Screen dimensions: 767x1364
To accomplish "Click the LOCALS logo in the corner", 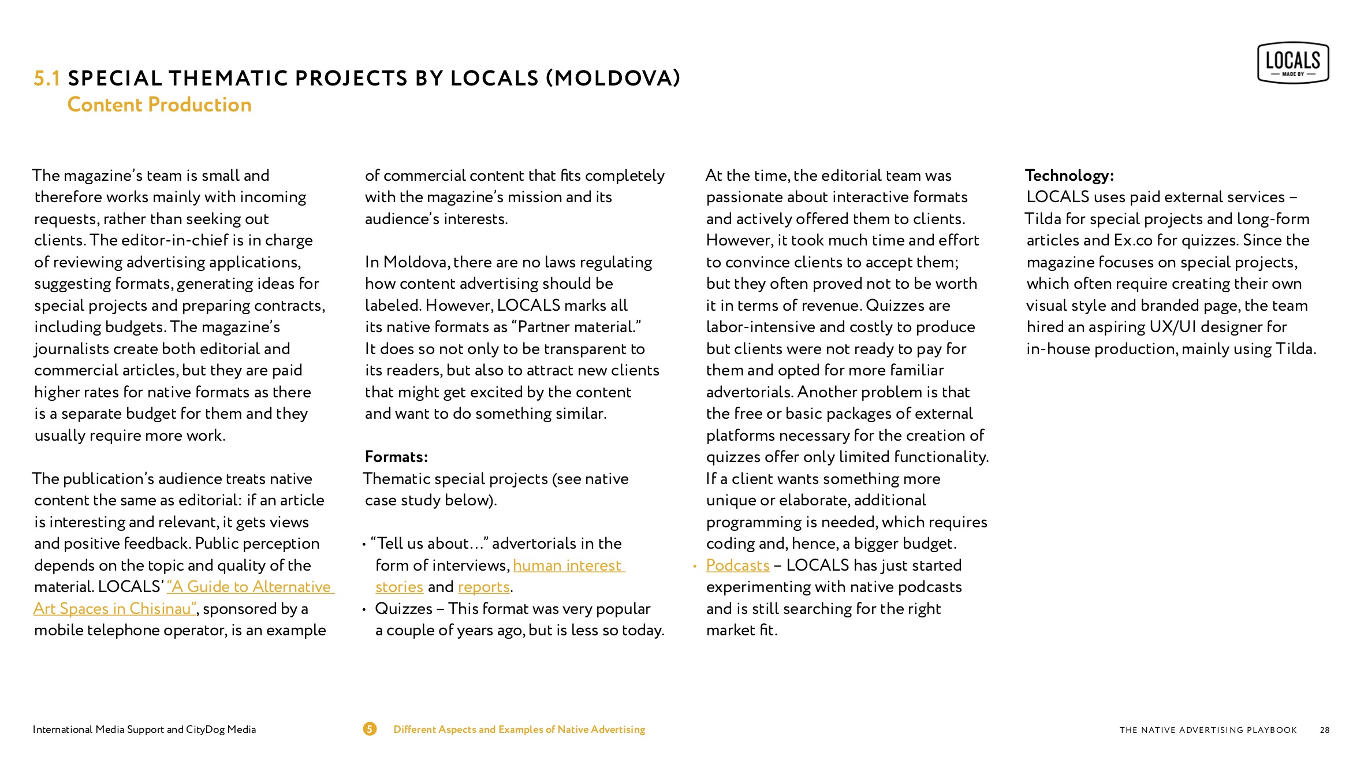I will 1292,62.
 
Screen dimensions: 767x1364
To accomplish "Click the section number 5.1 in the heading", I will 47,79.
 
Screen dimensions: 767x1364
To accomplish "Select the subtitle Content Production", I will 159,105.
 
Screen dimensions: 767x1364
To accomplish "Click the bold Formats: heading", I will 396,457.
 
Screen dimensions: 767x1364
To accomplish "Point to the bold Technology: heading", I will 1069,176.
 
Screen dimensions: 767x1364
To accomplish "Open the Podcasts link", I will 737,565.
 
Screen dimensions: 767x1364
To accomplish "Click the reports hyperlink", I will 483,587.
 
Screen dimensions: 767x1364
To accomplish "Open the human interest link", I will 568,565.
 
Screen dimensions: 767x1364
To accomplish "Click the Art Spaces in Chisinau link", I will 114,609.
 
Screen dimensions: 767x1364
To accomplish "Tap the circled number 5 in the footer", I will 370,729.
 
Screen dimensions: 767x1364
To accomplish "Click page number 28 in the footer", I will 1324,730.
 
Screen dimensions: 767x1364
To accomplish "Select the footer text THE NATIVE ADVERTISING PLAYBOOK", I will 1208,730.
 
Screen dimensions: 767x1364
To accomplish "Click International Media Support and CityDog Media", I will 144,729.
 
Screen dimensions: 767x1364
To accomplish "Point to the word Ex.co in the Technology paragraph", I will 1133,240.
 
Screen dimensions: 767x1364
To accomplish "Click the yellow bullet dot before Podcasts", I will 695,566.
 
